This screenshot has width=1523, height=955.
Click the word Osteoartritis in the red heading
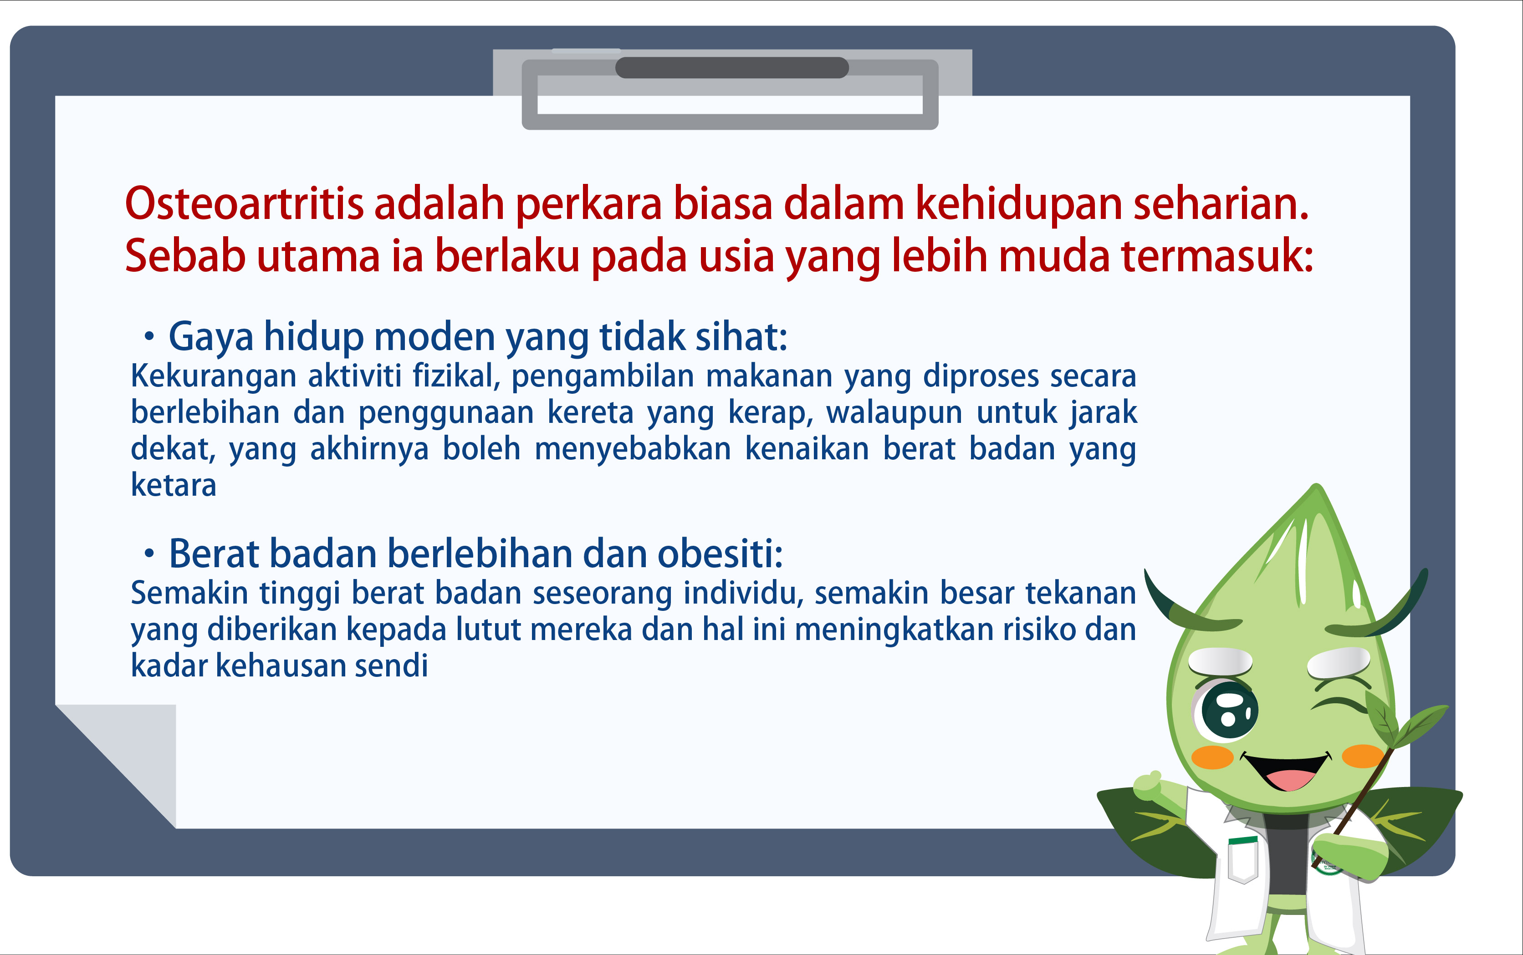tap(245, 204)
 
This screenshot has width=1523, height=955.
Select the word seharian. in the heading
tap(1221, 204)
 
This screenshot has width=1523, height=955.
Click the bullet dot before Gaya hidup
tap(149, 337)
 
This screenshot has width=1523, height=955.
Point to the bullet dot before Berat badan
tap(149, 554)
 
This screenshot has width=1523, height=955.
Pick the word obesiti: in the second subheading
tap(721, 554)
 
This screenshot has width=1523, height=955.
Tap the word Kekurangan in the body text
tap(214, 376)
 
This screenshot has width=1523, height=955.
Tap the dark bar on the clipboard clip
tap(732, 67)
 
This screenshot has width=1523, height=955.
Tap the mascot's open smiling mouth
tap(1286, 771)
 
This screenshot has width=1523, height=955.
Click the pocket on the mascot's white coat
tap(1244, 860)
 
